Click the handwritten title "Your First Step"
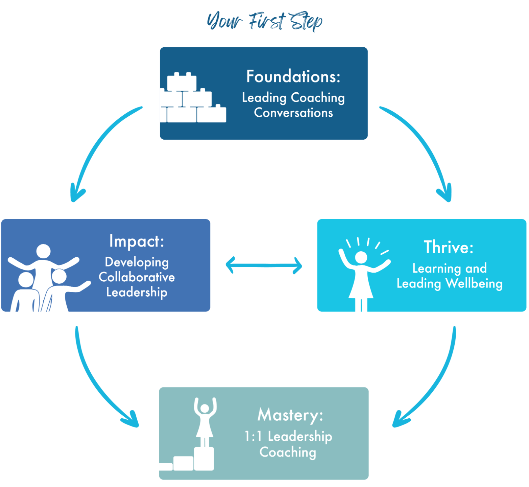click(x=264, y=21)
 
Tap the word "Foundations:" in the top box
click(x=293, y=76)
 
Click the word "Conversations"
click(x=293, y=113)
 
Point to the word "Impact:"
click(x=137, y=241)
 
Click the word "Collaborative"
click(x=137, y=277)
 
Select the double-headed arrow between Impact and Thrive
click(x=264, y=265)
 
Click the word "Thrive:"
click(x=449, y=247)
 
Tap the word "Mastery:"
click(x=290, y=415)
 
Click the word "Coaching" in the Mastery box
click(x=288, y=452)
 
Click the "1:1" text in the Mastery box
click(x=254, y=436)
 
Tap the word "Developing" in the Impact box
click(x=137, y=262)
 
